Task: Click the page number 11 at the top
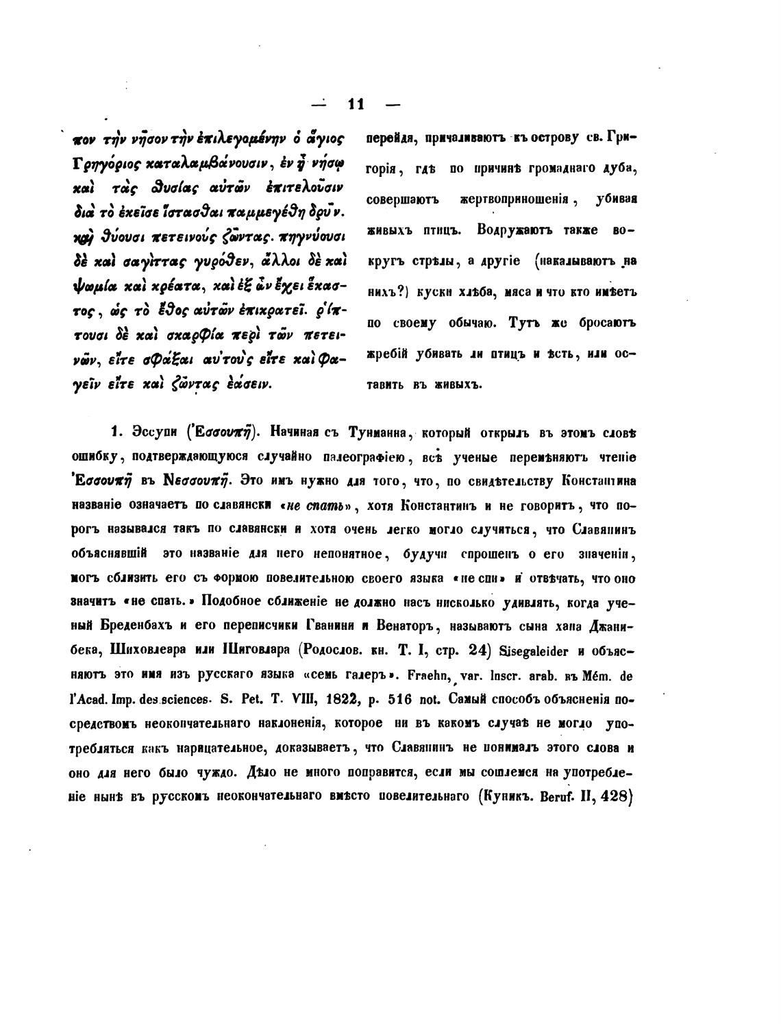(356, 104)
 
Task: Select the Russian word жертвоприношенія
(510, 199)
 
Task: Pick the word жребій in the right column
(388, 354)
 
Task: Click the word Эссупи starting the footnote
(152, 432)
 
